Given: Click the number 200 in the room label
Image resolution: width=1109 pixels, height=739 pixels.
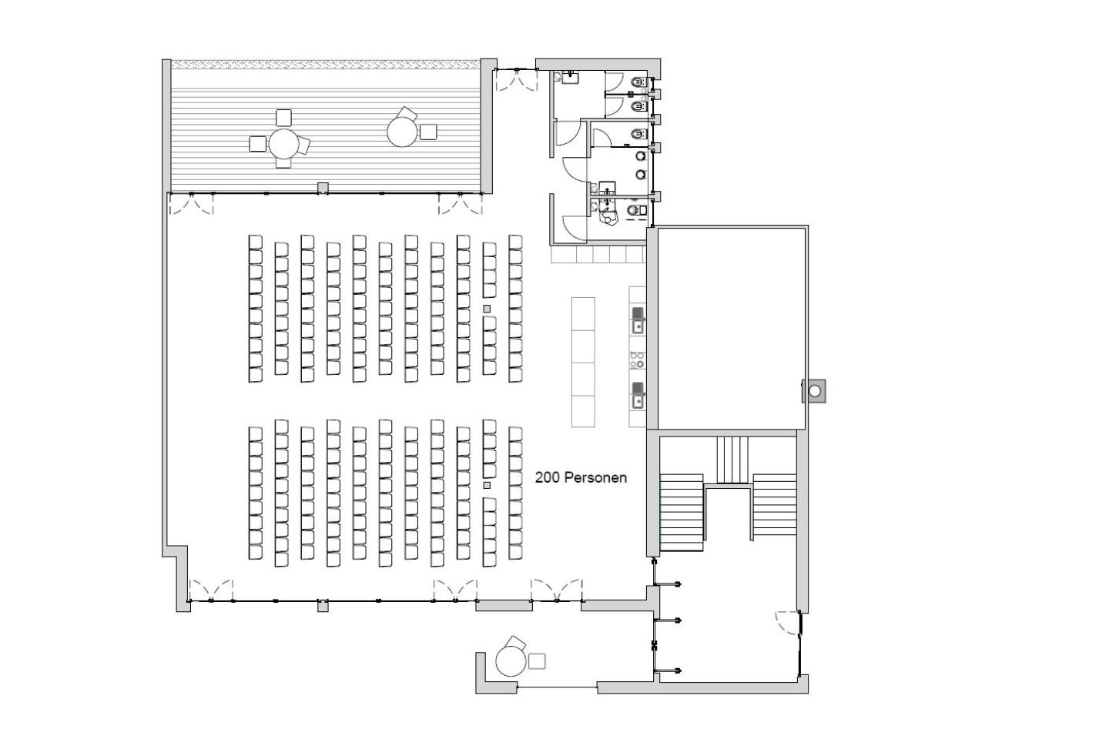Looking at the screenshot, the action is tap(548, 477).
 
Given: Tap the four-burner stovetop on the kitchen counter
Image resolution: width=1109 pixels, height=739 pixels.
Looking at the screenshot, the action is tap(638, 359).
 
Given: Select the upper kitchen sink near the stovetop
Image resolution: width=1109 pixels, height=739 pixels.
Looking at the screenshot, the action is tap(638, 319).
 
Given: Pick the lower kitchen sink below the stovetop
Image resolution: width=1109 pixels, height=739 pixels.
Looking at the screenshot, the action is tap(638, 394).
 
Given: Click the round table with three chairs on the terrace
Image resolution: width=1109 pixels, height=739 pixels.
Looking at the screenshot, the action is tap(283, 143).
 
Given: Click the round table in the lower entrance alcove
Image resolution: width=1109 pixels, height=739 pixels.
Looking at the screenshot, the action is tap(511, 661).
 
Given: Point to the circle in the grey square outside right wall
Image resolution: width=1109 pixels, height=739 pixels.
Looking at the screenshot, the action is tap(815, 391).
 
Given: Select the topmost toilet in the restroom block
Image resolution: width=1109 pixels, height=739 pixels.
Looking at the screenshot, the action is tap(639, 82).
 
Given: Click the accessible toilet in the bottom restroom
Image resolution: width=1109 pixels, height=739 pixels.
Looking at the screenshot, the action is tap(636, 210).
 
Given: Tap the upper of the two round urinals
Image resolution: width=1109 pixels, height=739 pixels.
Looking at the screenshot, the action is tap(641, 156).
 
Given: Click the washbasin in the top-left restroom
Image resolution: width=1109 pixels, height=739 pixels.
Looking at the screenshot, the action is tap(571, 77).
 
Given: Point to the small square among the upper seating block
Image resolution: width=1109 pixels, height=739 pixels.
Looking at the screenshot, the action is tap(487, 309).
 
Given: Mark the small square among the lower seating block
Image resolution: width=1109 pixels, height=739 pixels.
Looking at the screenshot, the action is tap(487, 485).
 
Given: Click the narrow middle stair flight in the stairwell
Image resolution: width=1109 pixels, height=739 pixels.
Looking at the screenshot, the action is tap(732, 460).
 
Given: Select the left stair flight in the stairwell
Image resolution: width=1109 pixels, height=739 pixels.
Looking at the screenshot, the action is tap(682, 513).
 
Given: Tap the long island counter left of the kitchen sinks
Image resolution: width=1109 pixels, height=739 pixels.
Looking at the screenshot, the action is tap(583, 362).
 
